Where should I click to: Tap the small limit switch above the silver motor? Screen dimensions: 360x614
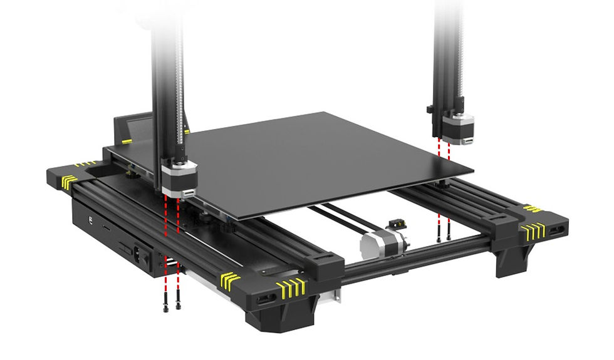(395, 224)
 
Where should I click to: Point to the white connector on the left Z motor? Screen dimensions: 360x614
(188, 193)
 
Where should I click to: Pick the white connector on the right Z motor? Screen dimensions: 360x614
(468, 141)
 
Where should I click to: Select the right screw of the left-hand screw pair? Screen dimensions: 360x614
(179, 305)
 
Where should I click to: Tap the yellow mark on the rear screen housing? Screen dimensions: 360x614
(127, 141)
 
